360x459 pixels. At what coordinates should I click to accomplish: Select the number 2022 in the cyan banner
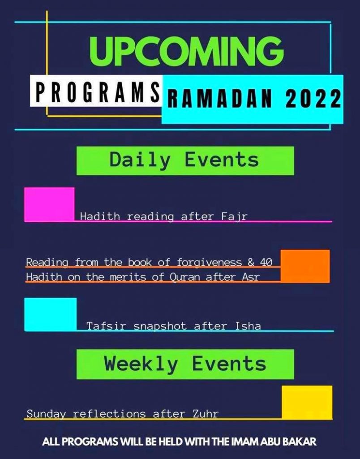pos(313,98)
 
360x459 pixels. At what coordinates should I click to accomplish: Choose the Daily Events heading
pos(184,160)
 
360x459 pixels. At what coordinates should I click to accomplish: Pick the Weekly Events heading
pos(185,364)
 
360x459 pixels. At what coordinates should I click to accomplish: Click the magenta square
pos(49,204)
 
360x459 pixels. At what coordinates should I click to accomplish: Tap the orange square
pos(305,266)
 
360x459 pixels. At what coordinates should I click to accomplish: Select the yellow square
pos(307,403)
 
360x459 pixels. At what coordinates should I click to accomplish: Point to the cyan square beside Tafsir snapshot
pos(50,314)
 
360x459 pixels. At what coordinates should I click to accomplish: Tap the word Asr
pos(251,277)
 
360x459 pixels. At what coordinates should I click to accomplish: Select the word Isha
pos(248,326)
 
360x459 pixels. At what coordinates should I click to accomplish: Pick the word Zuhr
pos(206,414)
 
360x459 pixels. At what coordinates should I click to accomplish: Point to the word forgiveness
pos(209,262)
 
